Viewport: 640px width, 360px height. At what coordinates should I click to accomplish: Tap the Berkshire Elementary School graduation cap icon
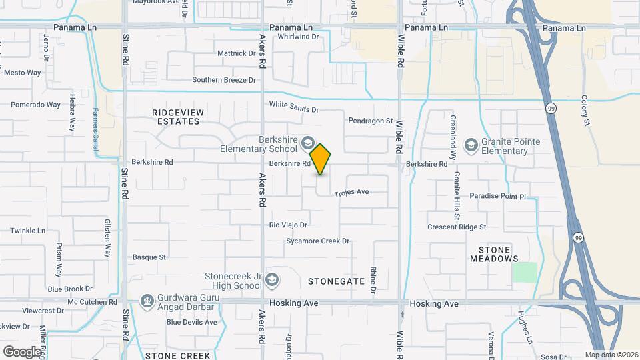point(307,142)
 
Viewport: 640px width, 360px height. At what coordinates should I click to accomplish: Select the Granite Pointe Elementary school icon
point(471,145)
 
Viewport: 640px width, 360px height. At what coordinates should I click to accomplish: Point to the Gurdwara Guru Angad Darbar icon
point(146,302)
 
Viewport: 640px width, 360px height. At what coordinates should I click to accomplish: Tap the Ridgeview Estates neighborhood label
point(176,117)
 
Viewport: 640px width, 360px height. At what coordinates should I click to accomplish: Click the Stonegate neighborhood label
point(336,281)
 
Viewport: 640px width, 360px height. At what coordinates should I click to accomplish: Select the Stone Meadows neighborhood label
point(495,254)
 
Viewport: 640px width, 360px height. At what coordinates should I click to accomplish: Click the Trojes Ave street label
point(351,192)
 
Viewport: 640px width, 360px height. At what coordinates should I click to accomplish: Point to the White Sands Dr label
point(294,106)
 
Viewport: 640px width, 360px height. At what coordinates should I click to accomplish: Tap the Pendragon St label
point(371,121)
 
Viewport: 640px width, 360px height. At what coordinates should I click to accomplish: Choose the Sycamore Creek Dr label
point(318,241)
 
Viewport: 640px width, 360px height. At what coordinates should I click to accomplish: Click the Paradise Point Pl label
point(498,197)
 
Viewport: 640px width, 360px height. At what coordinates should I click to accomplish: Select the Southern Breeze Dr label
point(224,80)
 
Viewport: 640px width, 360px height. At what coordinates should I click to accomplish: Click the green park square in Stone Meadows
point(525,272)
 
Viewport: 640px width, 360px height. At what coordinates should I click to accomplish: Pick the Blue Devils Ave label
point(192,322)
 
